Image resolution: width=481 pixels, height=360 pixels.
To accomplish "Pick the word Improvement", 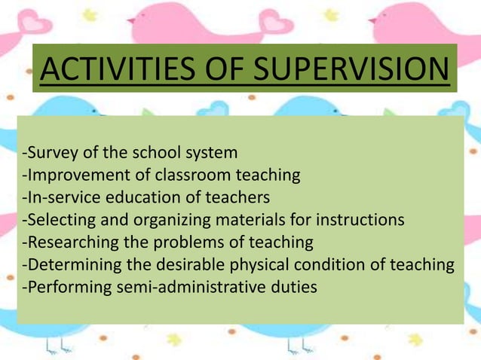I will click(74, 175).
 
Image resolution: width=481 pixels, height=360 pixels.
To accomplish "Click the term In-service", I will click(60, 197).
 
